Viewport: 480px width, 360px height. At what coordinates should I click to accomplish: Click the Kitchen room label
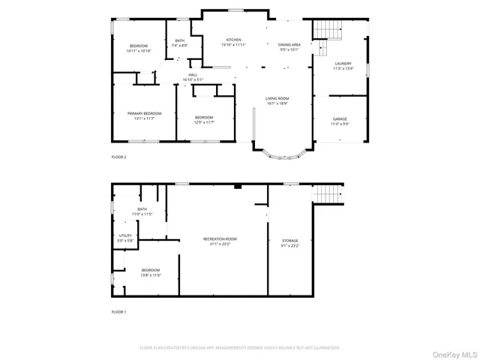[x=234, y=42]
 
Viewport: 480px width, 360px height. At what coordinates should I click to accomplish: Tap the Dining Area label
[x=289, y=48]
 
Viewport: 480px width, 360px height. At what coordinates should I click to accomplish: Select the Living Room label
[x=277, y=100]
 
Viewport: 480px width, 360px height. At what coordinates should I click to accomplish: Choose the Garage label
[x=340, y=121]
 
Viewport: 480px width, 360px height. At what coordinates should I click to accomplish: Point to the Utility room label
[x=125, y=238]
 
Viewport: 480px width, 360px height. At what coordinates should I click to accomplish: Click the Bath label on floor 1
[x=142, y=211]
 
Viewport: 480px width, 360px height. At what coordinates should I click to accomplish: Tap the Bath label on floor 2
[x=179, y=43]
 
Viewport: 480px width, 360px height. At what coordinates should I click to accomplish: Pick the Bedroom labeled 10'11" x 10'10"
[x=138, y=49]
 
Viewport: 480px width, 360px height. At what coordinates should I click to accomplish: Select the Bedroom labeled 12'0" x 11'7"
[x=204, y=119]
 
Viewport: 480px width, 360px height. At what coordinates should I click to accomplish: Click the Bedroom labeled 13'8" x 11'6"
[x=151, y=272]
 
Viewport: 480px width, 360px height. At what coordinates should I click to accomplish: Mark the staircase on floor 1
[x=327, y=193]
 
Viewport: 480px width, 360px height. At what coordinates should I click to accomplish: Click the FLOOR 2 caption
[x=118, y=157]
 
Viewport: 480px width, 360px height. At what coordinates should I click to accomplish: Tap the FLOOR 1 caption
[x=118, y=311]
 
